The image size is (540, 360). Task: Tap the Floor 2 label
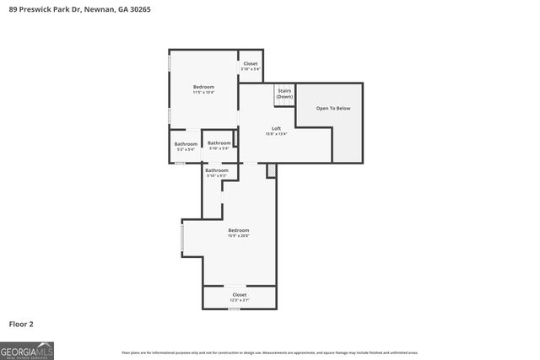pos(21,324)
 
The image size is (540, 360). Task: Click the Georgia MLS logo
pos(27,350)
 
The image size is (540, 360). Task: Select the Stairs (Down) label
pos(284,94)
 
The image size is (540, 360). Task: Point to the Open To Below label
pos(333,109)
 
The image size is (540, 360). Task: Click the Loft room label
pos(276,129)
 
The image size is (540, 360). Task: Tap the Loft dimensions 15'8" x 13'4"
pos(276,134)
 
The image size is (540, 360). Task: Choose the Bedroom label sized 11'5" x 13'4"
pos(203,87)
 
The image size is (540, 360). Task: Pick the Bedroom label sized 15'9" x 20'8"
pos(238,230)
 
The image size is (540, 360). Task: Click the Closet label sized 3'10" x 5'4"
pos(251,64)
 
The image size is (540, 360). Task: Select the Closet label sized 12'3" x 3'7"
pos(240,294)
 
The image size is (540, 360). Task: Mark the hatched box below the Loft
pos(271,171)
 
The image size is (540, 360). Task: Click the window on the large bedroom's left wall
pos(182,237)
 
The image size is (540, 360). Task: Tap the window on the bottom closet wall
pos(234,309)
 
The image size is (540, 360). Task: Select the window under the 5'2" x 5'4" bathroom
pos(180,163)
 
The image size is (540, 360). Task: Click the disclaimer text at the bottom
pos(269,352)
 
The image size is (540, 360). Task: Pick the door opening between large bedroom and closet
pos(235,285)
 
